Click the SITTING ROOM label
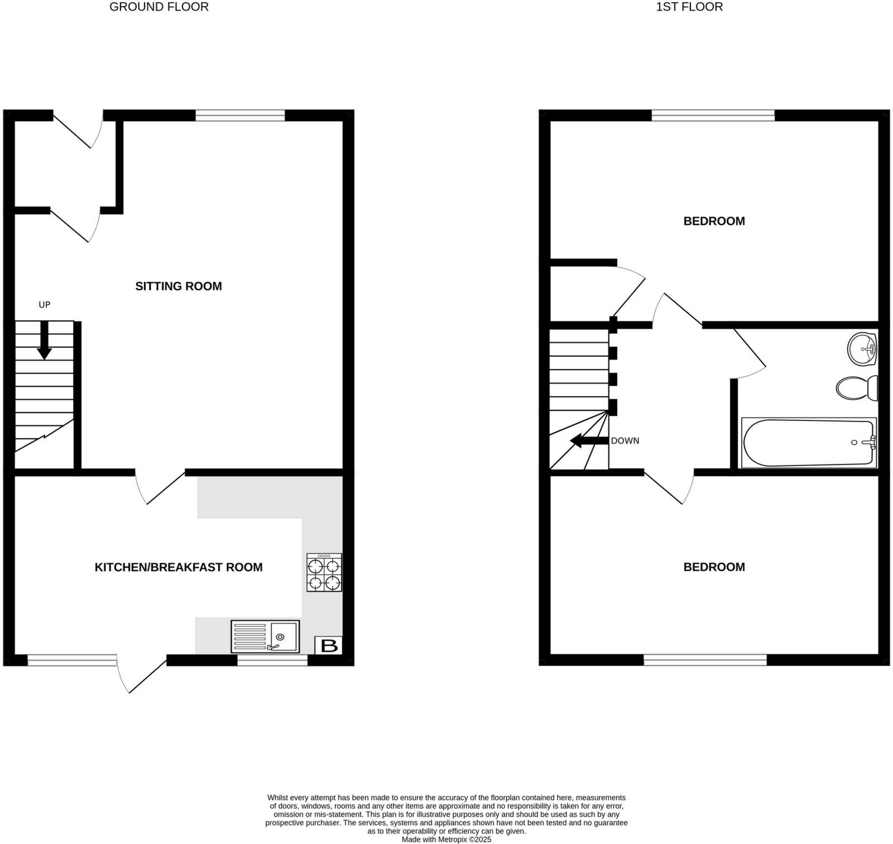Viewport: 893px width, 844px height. click(179, 286)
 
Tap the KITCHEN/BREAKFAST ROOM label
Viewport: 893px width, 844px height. click(179, 567)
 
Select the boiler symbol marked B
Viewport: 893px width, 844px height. click(329, 646)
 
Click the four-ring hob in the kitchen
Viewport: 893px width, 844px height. click(324, 573)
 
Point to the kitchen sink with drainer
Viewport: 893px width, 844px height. click(265, 636)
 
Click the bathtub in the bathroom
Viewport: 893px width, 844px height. click(808, 443)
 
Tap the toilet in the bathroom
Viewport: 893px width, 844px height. click(857, 387)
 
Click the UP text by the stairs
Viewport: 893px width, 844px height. click(44, 305)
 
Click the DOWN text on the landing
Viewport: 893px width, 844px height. click(625, 441)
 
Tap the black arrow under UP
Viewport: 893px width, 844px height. click(44, 341)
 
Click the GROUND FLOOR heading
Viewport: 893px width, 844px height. click(159, 7)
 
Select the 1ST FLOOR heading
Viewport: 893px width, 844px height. click(689, 7)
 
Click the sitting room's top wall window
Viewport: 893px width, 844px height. click(240, 116)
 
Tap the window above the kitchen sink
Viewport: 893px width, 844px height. click(272, 660)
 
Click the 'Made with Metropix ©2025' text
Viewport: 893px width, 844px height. click(446, 839)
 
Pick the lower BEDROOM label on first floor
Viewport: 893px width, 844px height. click(714, 567)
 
